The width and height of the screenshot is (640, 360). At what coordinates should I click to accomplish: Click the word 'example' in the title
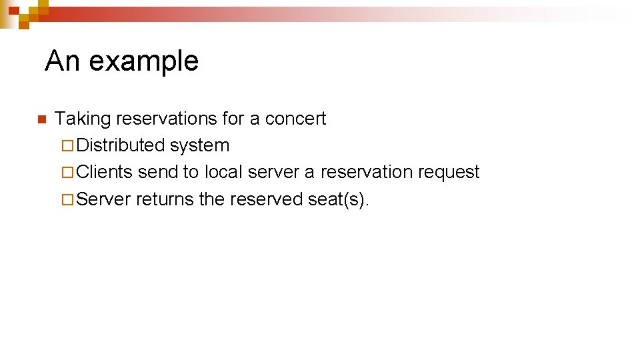point(143,61)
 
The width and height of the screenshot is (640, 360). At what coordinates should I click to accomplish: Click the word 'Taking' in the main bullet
point(83,119)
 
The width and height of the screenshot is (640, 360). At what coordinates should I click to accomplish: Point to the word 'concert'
point(295,119)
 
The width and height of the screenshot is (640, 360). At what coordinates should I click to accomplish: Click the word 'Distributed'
point(121,145)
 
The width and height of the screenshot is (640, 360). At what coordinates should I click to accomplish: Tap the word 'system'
point(199,145)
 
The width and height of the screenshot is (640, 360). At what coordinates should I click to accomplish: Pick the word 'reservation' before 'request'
point(367,172)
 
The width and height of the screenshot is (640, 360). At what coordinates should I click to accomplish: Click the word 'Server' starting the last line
point(104,199)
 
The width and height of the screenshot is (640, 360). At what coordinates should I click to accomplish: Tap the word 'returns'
point(165,199)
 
